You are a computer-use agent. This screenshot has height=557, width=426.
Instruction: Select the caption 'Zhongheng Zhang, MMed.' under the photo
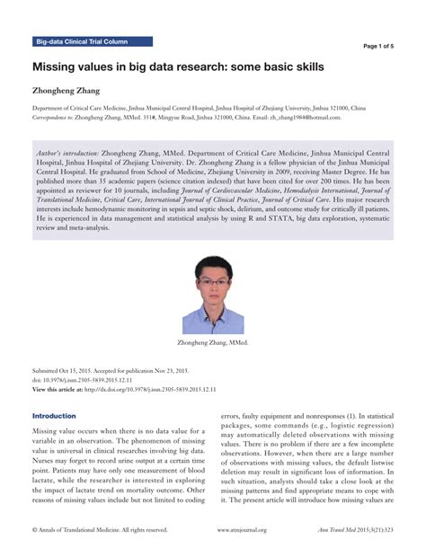213,343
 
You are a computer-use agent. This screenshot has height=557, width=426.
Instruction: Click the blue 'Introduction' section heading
54,416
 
